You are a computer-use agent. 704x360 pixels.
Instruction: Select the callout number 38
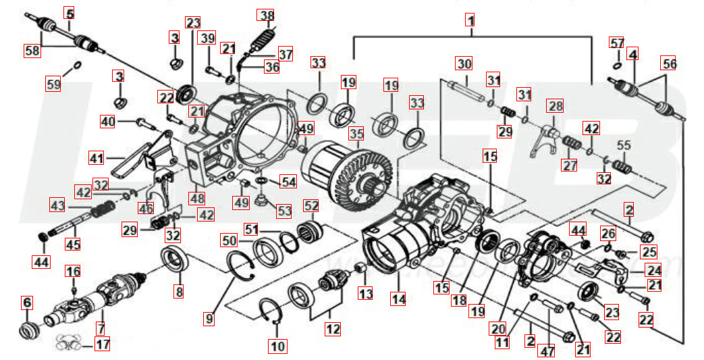(x=267, y=16)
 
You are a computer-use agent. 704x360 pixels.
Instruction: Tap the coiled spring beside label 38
(x=264, y=38)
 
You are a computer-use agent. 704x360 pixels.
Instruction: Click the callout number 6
(x=27, y=303)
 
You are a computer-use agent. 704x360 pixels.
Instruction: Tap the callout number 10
(x=277, y=347)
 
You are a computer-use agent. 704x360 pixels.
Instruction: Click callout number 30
(x=463, y=65)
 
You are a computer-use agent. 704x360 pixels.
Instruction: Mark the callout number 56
(x=669, y=64)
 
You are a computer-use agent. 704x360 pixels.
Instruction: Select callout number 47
(x=545, y=351)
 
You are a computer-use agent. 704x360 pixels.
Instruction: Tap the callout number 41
(x=97, y=158)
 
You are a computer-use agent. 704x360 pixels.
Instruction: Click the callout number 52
(x=311, y=206)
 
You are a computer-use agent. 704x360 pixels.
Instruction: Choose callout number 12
(x=331, y=329)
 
